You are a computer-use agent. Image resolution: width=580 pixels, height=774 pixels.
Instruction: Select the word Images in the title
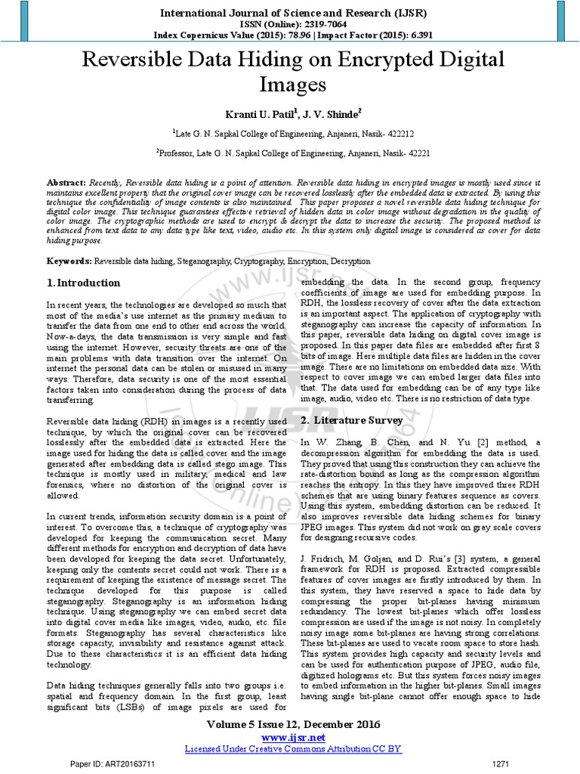coord(289,83)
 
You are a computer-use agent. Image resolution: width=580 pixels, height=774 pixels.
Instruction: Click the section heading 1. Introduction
coord(81,283)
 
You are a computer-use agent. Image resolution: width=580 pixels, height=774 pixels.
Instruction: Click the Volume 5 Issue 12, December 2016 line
coord(289,724)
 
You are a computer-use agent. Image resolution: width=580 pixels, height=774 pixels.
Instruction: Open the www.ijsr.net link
coord(289,737)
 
